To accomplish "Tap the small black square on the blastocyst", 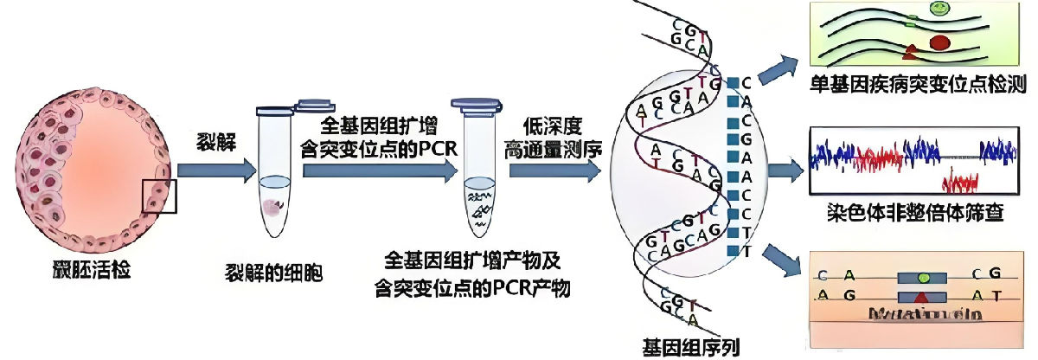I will click(x=160, y=195).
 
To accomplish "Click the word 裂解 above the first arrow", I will click(x=211, y=140).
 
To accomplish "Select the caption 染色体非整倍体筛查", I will click(x=917, y=211).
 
